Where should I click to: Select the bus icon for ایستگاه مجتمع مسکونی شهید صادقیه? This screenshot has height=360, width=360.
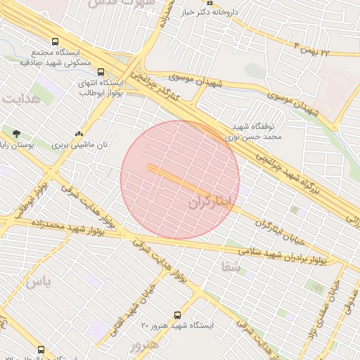56,41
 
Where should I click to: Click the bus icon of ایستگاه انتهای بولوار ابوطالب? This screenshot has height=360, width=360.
101,71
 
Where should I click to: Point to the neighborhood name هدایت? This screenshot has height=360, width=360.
18,98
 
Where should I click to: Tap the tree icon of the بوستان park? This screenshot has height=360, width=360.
16,131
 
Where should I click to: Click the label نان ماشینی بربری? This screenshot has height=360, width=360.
82,146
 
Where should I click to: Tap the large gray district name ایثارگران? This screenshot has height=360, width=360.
210,202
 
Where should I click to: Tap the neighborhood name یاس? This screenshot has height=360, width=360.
38,282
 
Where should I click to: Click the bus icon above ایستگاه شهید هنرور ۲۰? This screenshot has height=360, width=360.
176,315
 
